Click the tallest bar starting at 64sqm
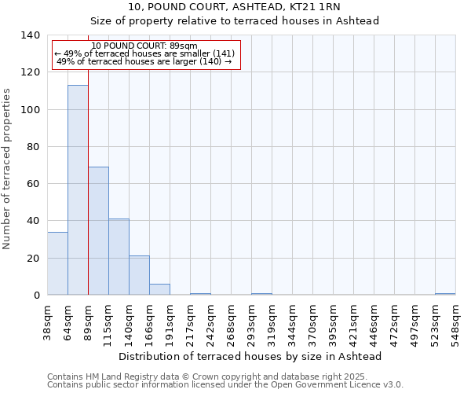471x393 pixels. (x=78, y=190)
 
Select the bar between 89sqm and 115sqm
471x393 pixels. (x=98, y=231)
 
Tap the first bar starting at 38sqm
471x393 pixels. (x=57, y=263)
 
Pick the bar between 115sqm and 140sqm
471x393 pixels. (x=119, y=257)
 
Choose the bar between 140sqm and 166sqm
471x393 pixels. (x=139, y=275)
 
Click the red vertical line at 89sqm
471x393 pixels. (x=88, y=181)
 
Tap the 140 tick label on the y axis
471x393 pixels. (x=30, y=35)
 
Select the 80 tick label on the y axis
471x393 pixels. (x=33, y=147)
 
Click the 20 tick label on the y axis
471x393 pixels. (x=33, y=259)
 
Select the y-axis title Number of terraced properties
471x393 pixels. (x=8, y=169)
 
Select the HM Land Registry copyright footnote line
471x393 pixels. (x=207, y=376)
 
